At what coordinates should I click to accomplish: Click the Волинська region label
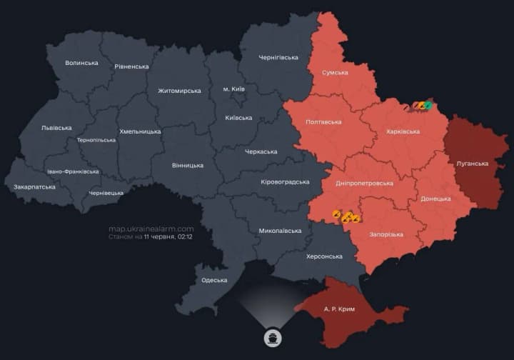81,63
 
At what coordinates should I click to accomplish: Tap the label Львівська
56,128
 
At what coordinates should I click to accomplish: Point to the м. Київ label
234,89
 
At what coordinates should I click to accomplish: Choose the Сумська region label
335,73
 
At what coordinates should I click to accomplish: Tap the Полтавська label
323,122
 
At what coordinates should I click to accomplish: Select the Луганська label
472,164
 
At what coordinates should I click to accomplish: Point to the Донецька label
435,199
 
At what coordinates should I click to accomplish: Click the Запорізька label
386,234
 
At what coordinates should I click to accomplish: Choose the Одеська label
214,280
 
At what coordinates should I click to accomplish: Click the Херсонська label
324,256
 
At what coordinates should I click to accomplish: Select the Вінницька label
188,165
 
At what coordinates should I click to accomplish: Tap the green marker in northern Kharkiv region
428,106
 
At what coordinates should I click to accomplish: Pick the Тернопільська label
96,140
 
